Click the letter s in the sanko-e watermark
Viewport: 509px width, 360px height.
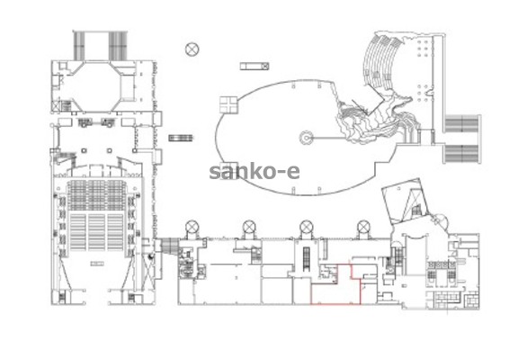(x=216, y=173)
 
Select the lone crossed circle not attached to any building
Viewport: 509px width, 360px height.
(x=192, y=49)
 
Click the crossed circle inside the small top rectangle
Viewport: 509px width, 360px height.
(x=265, y=67)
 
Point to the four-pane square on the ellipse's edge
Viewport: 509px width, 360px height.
(x=228, y=105)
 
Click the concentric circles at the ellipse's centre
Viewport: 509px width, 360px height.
(x=307, y=138)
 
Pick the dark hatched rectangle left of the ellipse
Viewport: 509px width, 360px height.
(x=181, y=138)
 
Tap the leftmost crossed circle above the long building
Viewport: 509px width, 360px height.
(x=192, y=227)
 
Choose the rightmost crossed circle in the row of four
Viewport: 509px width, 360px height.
(x=363, y=227)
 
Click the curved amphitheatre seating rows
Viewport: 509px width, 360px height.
(x=380, y=62)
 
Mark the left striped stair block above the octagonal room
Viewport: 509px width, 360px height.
(x=79, y=46)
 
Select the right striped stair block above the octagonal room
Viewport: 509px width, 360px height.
(x=118, y=46)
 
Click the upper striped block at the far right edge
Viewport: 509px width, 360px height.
(x=462, y=124)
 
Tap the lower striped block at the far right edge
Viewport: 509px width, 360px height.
(x=462, y=154)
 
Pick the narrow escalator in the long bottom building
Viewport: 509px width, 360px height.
(x=306, y=258)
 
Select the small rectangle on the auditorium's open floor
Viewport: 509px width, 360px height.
(x=97, y=264)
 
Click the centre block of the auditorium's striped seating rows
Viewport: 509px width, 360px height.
(x=97, y=232)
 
